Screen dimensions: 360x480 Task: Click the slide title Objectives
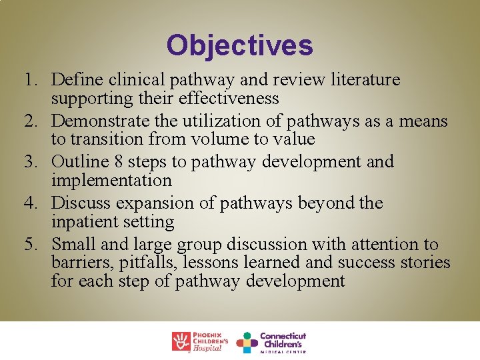pyautogui.click(x=239, y=46)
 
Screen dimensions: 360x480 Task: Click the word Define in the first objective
pyautogui.click(x=74, y=80)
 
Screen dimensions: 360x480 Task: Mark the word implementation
pyautogui.click(x=111, y=180)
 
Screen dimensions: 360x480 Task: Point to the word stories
pyautogui.click(x=425, y=263)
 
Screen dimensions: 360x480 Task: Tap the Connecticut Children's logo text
pyautogui.click(x=283, y=341)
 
